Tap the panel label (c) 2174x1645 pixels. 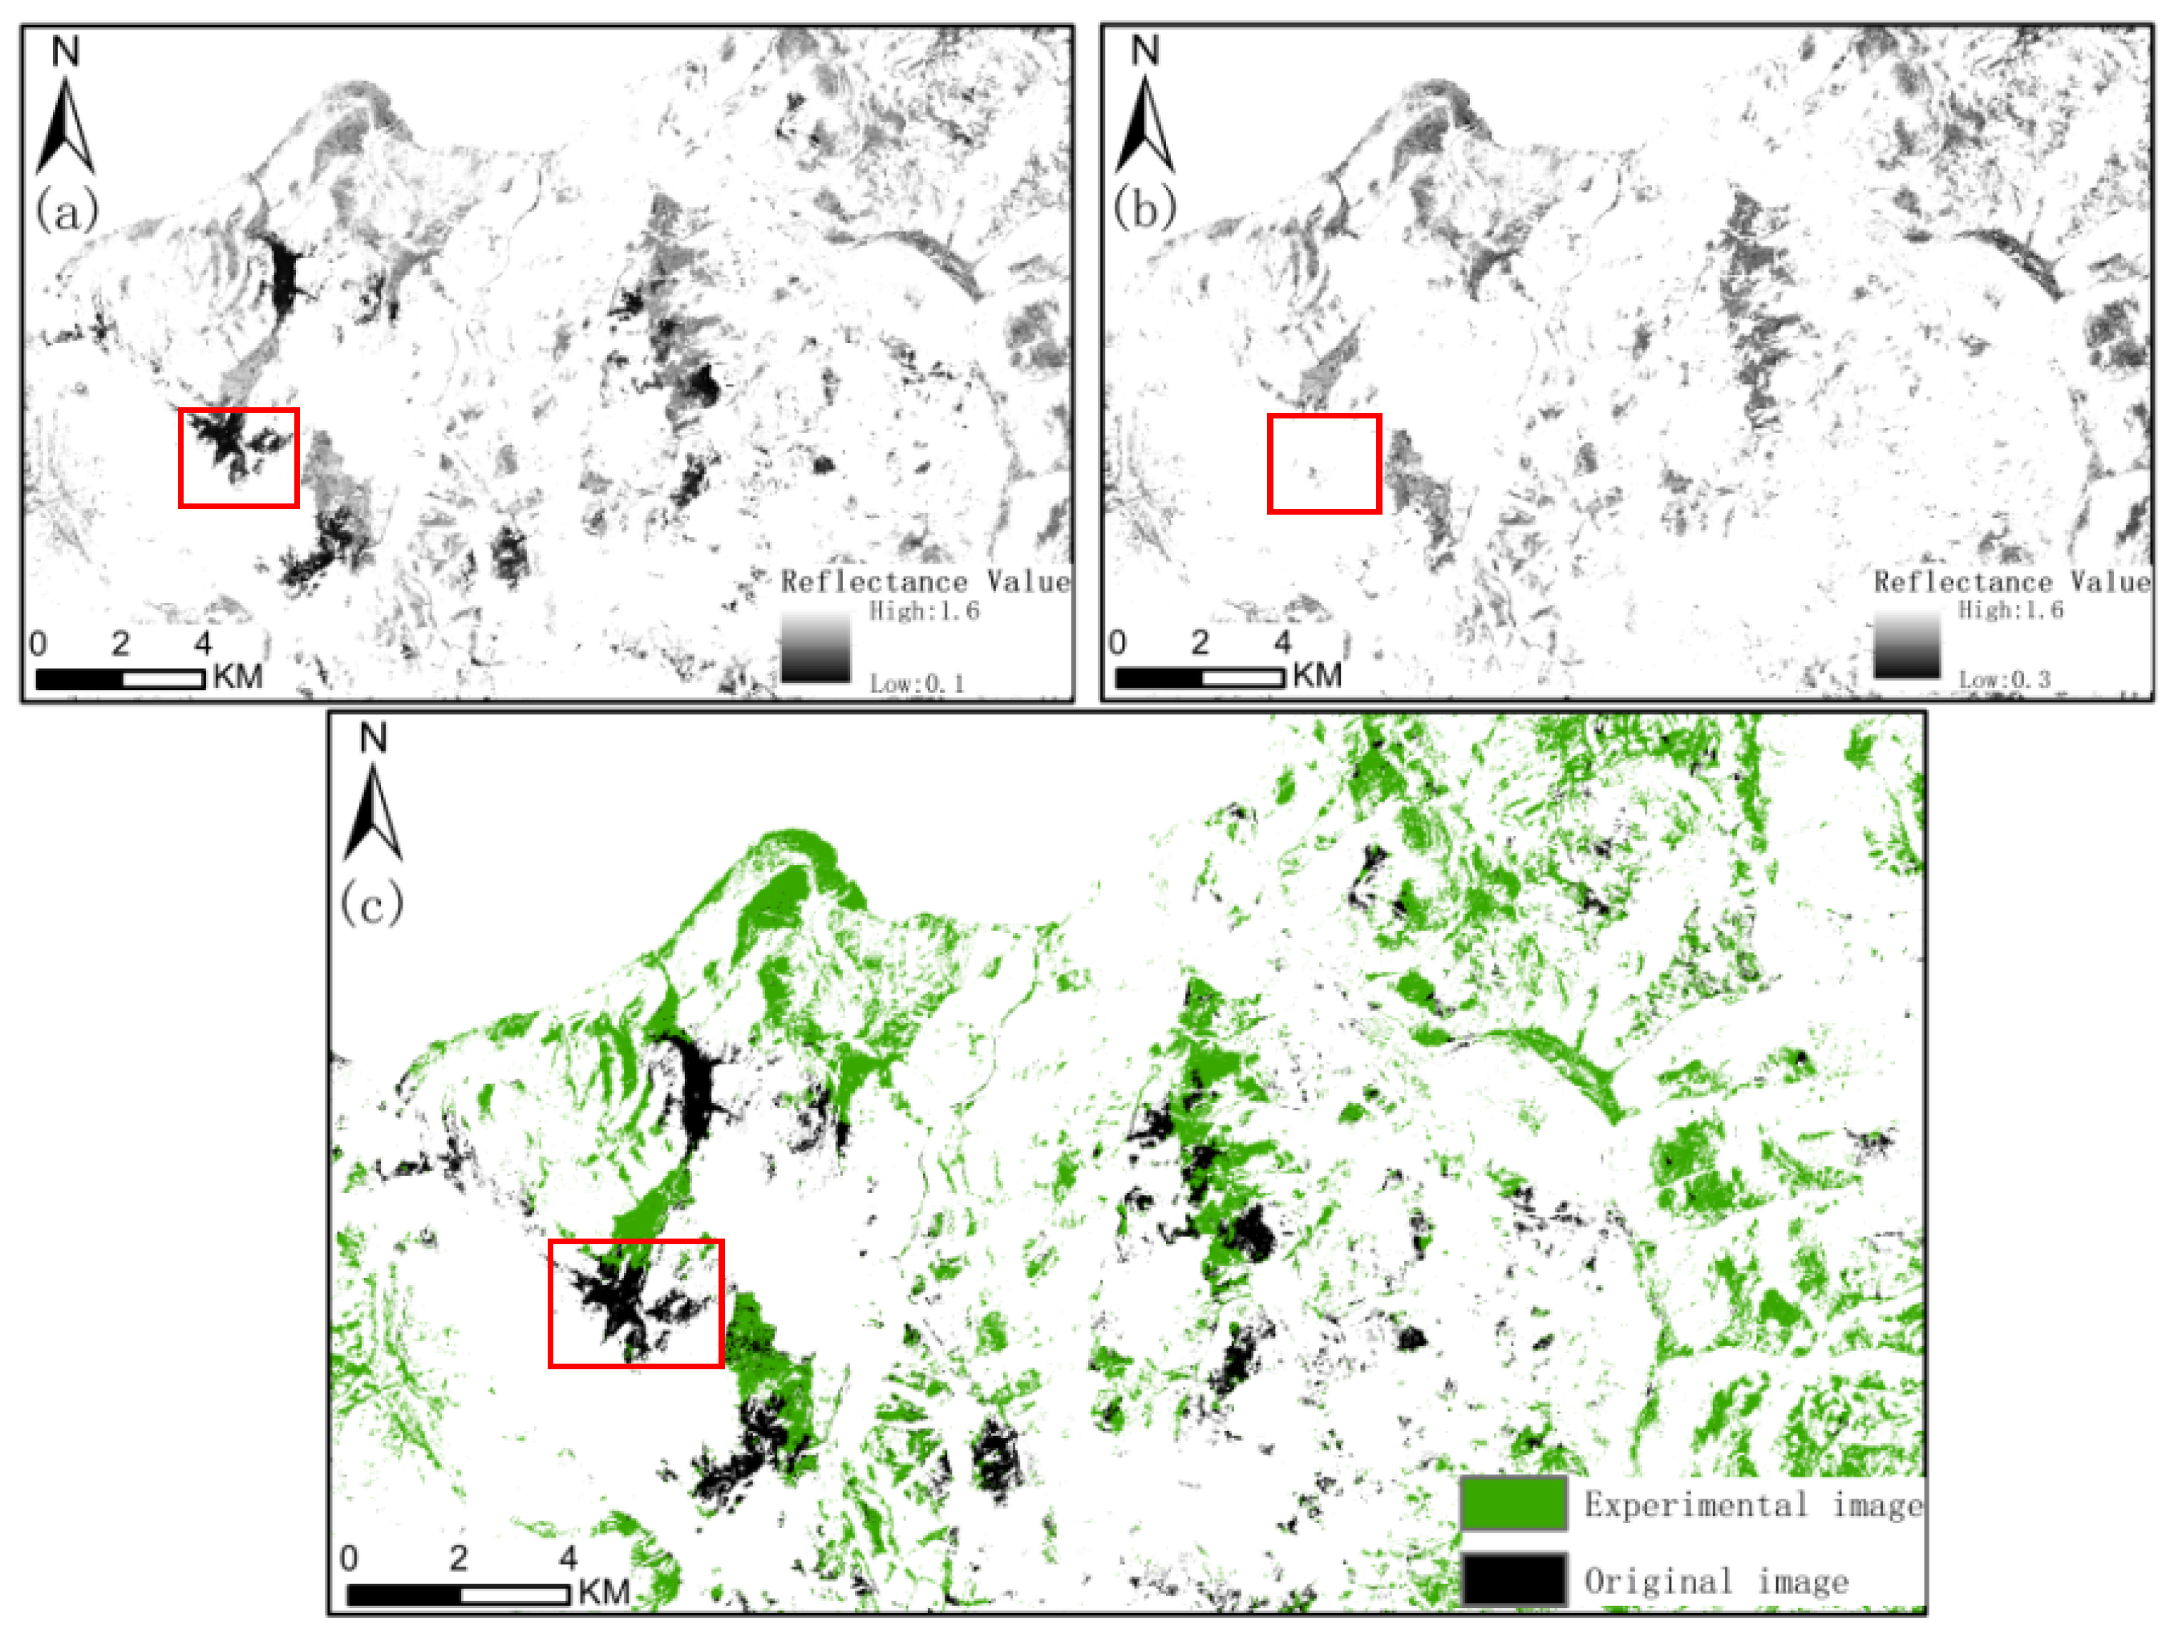[x=371, y=902]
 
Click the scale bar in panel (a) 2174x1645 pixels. [x=120, y=678]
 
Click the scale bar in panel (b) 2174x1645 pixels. [x=1199, y=677]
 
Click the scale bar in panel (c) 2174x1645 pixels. [x=458, y=1594]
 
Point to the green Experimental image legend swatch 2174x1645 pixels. [x=1512, y=1503]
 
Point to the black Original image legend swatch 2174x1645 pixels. [x=1512, y=1579]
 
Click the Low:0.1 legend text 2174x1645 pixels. [x=916, y=683]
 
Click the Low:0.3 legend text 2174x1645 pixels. [x=2005, y=679]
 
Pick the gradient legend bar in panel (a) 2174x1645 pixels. [x=816, y=647]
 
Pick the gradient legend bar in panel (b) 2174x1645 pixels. [x=1907, y=645]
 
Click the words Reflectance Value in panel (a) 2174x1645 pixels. [x=925, y=582]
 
